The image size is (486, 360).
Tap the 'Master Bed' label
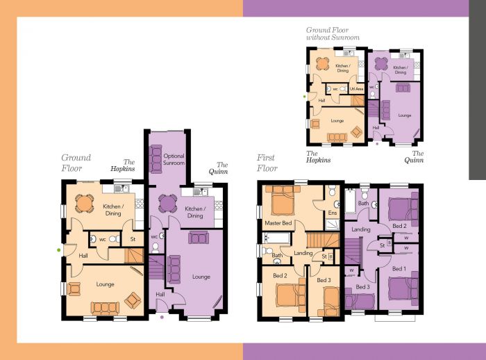277,223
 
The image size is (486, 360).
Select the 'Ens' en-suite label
332,212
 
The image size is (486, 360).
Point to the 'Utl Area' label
357,89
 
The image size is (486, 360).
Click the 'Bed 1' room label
399,268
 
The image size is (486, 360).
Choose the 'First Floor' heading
267,163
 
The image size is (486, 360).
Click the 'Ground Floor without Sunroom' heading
333,33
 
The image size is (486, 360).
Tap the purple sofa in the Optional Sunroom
156,154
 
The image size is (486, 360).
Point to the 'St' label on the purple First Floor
382,245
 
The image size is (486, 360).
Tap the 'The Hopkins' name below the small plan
319,156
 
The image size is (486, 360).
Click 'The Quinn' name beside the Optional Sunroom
217,167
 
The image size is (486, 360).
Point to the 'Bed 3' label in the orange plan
324,280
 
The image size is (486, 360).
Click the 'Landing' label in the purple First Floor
361,229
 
